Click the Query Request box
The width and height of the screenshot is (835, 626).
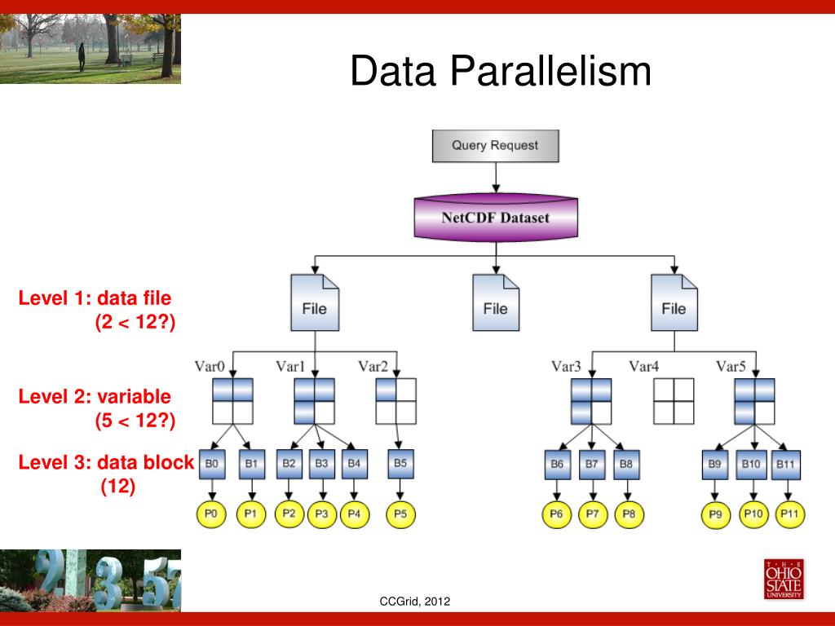(x=496, y=146)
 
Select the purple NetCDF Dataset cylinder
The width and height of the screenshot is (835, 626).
(x=496, y=218)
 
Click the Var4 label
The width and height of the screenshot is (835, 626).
(x=643, y=366)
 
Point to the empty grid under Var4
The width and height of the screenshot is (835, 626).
(x=674, y=401)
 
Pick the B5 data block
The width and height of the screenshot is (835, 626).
(x=400, y=465)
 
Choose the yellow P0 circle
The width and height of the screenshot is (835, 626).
(x=212, y=514)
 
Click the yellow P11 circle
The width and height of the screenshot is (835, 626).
(x=789, y=514)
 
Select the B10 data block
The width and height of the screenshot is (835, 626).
(x=751, y=465)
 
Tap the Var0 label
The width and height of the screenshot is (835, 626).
(x=210, y=366)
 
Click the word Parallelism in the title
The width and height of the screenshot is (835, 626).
(x=550, y=71)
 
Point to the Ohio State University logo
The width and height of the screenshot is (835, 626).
(x=783, y=580)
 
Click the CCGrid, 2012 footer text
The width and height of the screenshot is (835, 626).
(x=415, y=602)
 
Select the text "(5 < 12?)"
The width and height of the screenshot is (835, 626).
(x=135, y=421)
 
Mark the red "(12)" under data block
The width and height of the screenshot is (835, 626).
(x=118, y=487)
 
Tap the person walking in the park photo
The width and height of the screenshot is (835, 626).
(x=82, y=56)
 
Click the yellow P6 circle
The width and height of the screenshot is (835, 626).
(x=558, y=514)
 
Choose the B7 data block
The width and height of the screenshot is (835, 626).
(x=591, y=465)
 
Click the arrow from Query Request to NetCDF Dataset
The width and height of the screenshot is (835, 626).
(x=496, y=177)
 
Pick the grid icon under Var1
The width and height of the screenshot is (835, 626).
(x=315, y=401)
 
